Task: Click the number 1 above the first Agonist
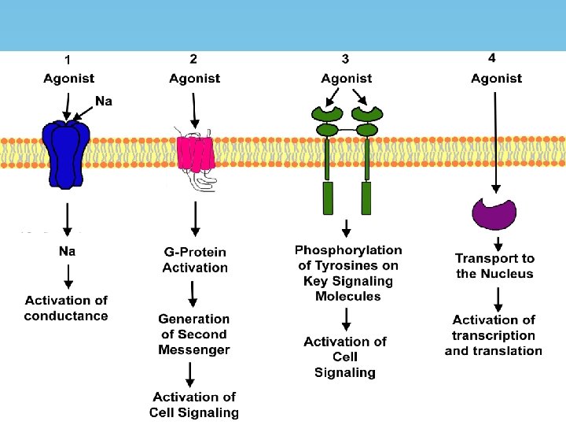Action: point(68,59)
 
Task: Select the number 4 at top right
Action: point(491,58)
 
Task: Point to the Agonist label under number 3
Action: point(346,78)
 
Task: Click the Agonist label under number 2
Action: point(194,78)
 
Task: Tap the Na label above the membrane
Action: point(104,101)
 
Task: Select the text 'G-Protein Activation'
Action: point(194,260)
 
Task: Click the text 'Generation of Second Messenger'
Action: point(194,334)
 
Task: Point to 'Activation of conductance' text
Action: point(66,308)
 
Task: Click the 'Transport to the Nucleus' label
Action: point(494,266)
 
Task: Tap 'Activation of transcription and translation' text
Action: point(494,335)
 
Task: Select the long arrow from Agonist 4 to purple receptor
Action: point(495,142)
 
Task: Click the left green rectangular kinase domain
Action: point(328,198)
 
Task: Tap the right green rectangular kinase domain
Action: point(366,198)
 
